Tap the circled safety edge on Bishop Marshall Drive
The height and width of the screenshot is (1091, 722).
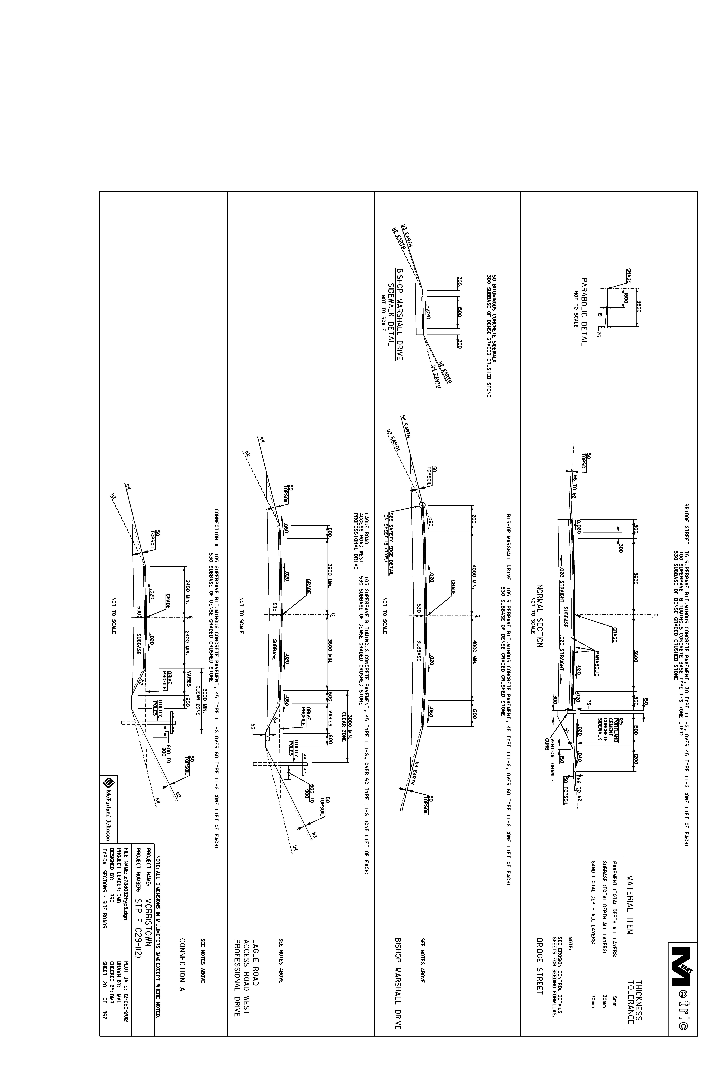click(x=422, y=505)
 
